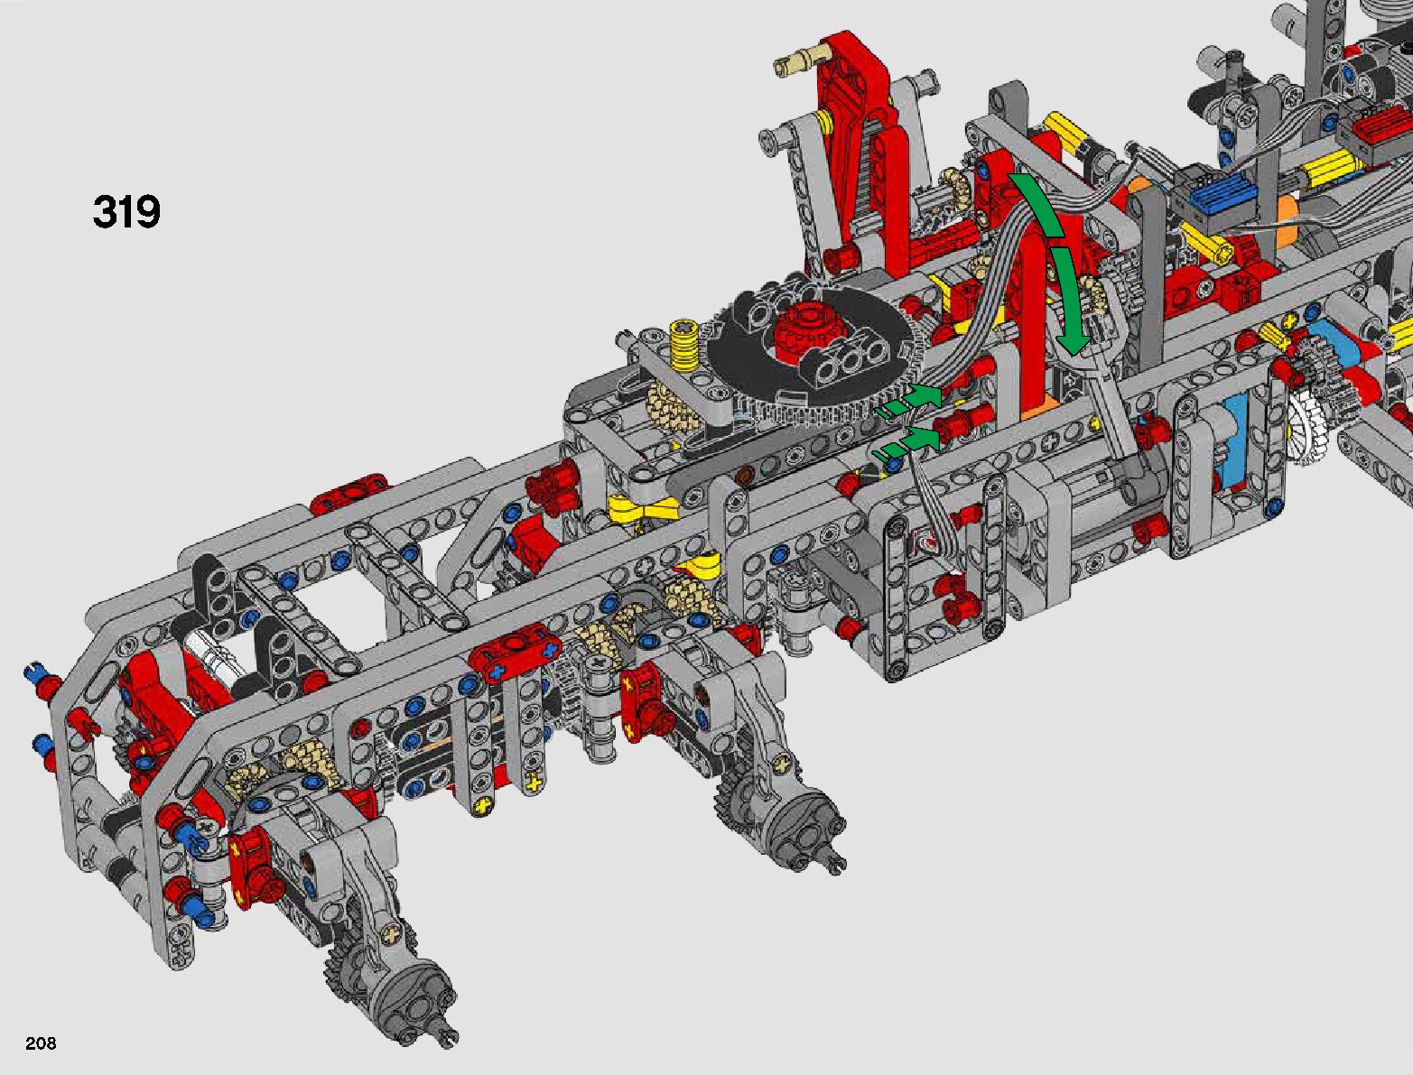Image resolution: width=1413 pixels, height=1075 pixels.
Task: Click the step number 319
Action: pyautogui.click(x=126, y=211)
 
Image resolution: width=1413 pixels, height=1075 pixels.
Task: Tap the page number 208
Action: pyautogui.click(x=41, y=1043)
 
